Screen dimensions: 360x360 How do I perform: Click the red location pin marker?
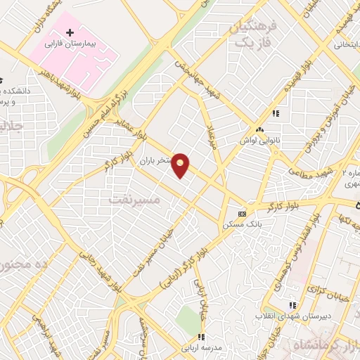(181, 165)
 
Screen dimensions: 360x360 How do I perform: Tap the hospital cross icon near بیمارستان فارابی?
(70, 33)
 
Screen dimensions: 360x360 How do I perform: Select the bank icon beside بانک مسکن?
(243, 213)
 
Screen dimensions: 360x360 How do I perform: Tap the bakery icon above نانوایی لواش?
(261, 129)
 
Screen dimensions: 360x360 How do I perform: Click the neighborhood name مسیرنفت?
(136, 200)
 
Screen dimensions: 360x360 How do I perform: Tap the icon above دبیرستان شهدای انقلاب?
(292, 305)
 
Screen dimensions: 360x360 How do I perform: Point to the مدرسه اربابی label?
(201, 347)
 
